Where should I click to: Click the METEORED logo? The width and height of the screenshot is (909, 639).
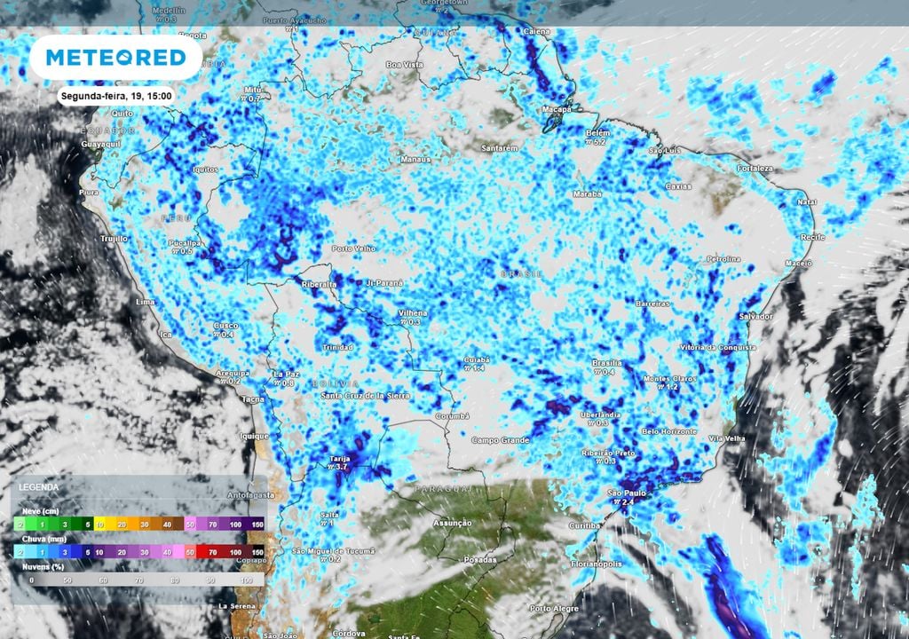point(115,58)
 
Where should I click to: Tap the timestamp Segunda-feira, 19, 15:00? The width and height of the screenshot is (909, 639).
point(116,96)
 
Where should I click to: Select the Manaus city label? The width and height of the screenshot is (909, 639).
point(415,160)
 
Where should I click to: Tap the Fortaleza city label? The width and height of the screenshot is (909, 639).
point(755,169)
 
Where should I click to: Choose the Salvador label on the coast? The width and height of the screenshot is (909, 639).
point(757,317)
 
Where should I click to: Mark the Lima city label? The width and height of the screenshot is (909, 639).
point(145,303)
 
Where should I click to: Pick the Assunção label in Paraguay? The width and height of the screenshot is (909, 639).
point(451,524)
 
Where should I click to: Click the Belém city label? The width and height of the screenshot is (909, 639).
point(597,132)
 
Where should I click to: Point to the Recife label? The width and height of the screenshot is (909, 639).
point(812,238)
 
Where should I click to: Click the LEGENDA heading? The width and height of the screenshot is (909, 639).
point(39,488)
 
